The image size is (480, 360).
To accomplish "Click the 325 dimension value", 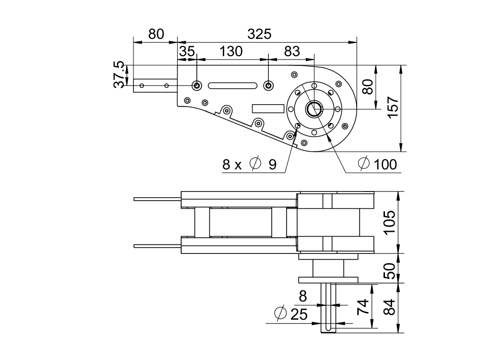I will click(259, 35).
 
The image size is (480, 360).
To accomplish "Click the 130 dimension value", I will click(231, 52).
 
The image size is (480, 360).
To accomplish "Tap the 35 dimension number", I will click(187, 52).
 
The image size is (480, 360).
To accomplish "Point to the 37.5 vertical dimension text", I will click(119, 74).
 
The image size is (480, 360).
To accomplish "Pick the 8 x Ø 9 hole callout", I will click(250, 165).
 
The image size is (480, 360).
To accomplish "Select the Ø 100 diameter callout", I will click(378, 165).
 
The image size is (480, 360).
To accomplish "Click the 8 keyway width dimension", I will click(302, 297).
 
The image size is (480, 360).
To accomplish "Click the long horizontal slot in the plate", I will click(232, 85).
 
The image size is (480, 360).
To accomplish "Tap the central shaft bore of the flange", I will click(314, 109).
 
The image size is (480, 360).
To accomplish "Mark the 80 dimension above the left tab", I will click(156, 35).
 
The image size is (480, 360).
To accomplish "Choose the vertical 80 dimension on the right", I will click(367, 87).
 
